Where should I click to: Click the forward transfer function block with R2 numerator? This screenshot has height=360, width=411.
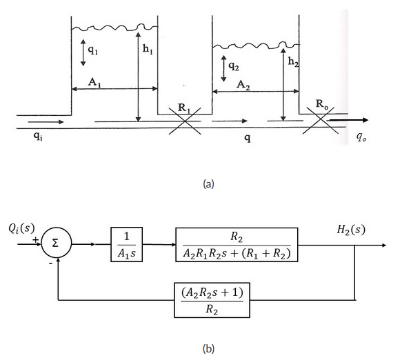pyautogui.click(x=237, y=243)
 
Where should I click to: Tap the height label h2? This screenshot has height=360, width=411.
pyautogui.click(x=294, y=62)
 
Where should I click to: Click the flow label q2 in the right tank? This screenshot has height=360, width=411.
pyautogui.click(x=234, y=66)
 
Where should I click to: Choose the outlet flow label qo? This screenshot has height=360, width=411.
pyautogui.click(x=361, y=137)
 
